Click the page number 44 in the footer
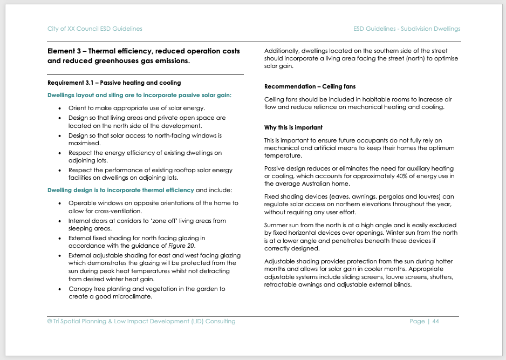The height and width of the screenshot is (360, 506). pyautogui.click(x=435, y=321)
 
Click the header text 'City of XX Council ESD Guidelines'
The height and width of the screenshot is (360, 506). pyautogui.click(x=95, y=29)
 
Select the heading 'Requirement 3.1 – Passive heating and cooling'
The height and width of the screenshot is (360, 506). pyautogui.click(x=114, y=83)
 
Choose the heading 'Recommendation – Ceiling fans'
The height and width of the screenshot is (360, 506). pyautogui.click(x=310, y=86)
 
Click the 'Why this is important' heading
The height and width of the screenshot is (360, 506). pyautogui.click(x=293, y=127)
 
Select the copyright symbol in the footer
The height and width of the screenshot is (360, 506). pyautogui.click(x=50, y=321)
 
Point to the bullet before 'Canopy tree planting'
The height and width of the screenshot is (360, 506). pyautogui.click(x=60, y=289)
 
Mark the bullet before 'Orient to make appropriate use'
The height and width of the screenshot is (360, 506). pyautogui.click(x=60, y=108)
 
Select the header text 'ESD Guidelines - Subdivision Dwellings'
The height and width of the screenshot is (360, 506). pyautogui.click(x=407, y=29)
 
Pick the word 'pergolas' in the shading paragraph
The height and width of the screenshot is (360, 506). pyautogui.click(x=388, y=196)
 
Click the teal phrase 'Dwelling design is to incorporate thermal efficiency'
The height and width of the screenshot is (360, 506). pyautogui.click(x=121, y=190)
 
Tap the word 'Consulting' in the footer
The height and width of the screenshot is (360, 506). pyautogui.click(x=221, y=321)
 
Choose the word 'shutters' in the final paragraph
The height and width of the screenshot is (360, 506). pyautogui.click(x=440, y=277)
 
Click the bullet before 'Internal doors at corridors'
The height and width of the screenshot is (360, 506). pyautogui.click(x=60, y=221)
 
